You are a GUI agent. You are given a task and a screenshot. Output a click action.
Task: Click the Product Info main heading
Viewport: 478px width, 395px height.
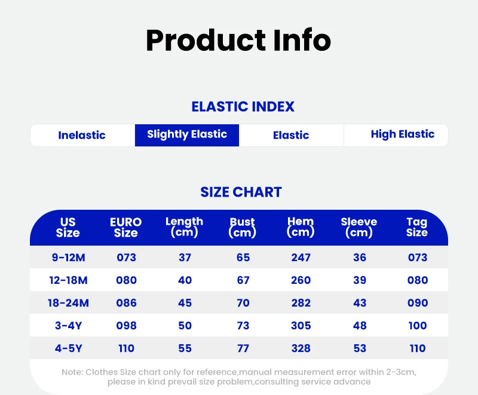click(x=238, y=41)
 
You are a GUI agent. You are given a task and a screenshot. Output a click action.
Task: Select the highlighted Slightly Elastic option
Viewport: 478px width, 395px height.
click(x=187, y=135)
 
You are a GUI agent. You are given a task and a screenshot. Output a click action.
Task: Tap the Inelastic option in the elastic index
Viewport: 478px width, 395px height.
click(x=82, y=135)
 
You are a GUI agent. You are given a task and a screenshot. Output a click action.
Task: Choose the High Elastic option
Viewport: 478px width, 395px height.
click(x=402, y=134)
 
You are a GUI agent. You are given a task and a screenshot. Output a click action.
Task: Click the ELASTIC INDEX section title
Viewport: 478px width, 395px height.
click(x=243, y=107)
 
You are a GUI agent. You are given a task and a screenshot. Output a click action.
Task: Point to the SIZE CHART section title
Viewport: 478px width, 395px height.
click(x=241, y=192)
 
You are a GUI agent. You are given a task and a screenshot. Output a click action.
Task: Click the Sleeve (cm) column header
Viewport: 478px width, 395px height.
click(x=359, y=227)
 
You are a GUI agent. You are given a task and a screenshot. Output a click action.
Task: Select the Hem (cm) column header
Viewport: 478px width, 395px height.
click(x=301, y=226)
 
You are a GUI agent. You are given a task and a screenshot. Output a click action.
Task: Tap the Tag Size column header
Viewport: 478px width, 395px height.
click(x=417, y=227)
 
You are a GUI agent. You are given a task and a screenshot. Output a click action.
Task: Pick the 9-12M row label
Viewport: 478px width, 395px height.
click(x=68, y=258)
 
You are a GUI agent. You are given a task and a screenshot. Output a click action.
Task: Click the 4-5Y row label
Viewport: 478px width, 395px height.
click(x=69, y=348)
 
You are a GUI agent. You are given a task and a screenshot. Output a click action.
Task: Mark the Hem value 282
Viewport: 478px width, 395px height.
click(x=301, y=303)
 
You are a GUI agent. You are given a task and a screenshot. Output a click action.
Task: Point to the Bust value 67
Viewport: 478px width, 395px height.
click(x=243, y=280)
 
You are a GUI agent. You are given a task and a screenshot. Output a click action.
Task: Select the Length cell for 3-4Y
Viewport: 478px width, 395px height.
click(x=185, y=326)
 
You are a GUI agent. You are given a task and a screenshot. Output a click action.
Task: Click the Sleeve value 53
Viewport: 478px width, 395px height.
click(x=360, y=348)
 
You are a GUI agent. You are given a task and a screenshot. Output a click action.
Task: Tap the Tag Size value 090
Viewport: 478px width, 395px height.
click(x=418, y=303)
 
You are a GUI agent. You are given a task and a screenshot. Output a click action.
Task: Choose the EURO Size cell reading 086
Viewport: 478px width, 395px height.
click(x=126, y=303)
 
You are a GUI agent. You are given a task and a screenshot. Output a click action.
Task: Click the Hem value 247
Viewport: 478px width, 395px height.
click(x=301, y=258)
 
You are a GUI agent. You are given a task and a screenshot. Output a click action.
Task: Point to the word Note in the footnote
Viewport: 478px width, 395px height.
click(x=72, y=372)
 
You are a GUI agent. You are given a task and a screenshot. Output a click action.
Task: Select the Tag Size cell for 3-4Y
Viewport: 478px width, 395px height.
click(x=418, y=326)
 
